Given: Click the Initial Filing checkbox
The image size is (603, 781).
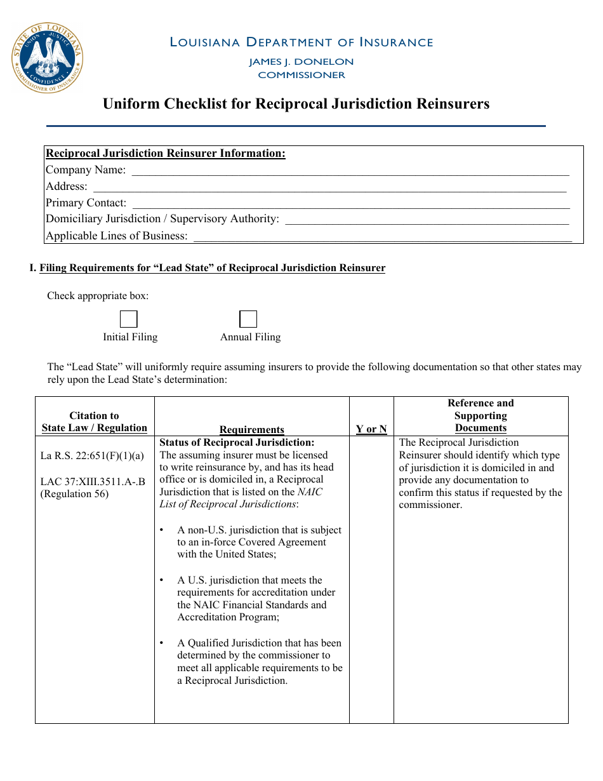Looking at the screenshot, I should pyautogui.click(x=129, y=319).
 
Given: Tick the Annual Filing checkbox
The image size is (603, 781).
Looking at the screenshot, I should pyautogui.click(x=248, y=319).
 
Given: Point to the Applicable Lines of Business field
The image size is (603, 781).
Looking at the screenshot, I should pyautogui.click(x=382, y=236).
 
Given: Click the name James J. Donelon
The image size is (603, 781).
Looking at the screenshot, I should pyautogui.click(x=301, y=62).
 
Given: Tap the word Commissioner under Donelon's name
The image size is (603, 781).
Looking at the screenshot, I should pyautogui.click(x=301, y=75).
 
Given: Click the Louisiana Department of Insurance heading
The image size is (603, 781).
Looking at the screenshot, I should pyautogui.click(x=301, y=43).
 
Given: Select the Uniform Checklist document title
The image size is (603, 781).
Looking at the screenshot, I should pyautogui.click(x=296, y=103).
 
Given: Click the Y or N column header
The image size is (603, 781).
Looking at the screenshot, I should pyautogui.click(x=371, y=429).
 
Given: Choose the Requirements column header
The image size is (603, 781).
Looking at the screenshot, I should pyautogui.click(x=252, y=430).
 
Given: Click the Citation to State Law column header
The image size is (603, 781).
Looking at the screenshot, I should pyautogui.click(x=95, y=422).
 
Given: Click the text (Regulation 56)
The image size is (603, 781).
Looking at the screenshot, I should pyautogui.click(x=74, y=494).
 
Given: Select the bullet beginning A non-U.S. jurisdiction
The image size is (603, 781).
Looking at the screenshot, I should pyautogui.click(x=259, y=542).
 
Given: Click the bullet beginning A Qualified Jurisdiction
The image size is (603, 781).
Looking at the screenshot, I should pyautogui.click(x=259, y=662).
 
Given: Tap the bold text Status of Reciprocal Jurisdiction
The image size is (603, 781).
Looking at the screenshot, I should pyautogui.click(x=237, y=443).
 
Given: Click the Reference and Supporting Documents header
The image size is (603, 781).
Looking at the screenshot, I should pyautogui.click(x=480, y=415).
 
